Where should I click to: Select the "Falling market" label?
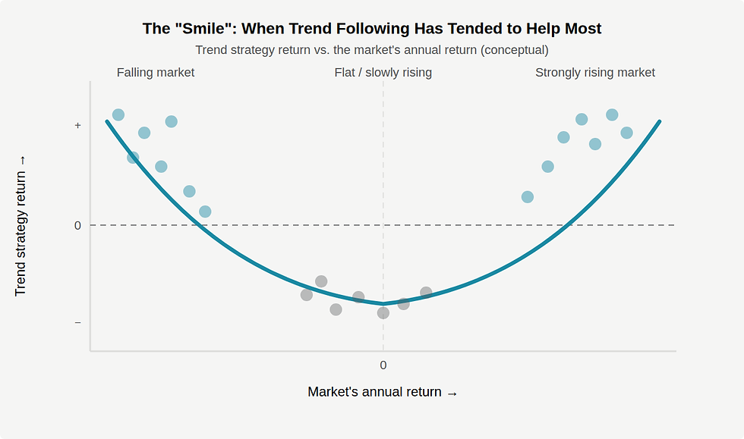click(x=156, y=73)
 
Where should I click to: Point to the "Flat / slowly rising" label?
click(x=383, y=73)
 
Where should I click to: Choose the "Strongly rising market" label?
click(x=594, y=73)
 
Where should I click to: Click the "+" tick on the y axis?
click(x=77, y=125)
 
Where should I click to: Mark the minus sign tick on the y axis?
click(x=77, y=322)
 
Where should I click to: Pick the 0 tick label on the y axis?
click(x=77, y=225)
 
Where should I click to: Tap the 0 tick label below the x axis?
click(x=383, y=365)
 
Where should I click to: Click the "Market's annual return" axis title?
click(x=382, y=392)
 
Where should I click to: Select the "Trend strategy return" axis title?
click(x=20, y=225)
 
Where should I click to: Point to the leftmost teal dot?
click(x=118, y=114)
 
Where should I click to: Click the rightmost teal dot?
click(x=626, y=133)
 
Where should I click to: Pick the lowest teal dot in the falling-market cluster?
click(x=205, y=212)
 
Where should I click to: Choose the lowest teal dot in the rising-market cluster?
click(x=528, y=197)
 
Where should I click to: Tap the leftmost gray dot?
click(x=307, y=295)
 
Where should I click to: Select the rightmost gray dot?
click(x=426, y=293)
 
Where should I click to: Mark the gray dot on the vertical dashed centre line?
click(x=383, y=312)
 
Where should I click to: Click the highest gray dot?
click(x=321, y=281)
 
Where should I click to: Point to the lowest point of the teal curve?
click(x=383, y=303)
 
